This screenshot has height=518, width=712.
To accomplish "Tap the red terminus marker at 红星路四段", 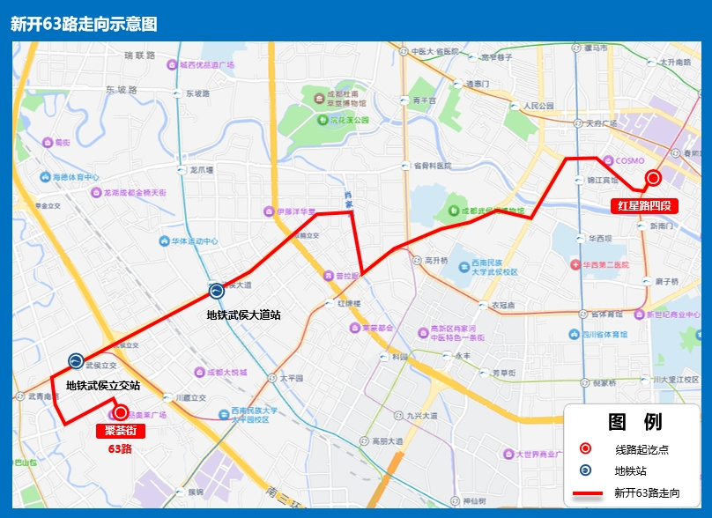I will (653, 178).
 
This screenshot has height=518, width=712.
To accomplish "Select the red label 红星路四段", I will (644, 206).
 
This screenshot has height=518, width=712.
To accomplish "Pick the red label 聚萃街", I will (120, 431).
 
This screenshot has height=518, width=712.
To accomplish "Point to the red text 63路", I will (120, 448).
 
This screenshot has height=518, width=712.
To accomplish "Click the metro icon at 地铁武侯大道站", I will (216, 292).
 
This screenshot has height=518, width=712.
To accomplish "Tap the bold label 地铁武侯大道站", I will (243, 314).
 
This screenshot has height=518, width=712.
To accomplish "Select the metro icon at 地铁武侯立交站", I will (76, 361).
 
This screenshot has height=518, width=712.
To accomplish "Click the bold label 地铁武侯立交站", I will (103, 385).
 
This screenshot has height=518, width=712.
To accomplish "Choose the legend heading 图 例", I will (634, 422).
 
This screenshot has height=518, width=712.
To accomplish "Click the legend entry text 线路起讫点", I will (642, 449).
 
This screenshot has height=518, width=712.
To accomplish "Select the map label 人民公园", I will (538, 106).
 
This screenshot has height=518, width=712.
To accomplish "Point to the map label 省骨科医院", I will (432, 165).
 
